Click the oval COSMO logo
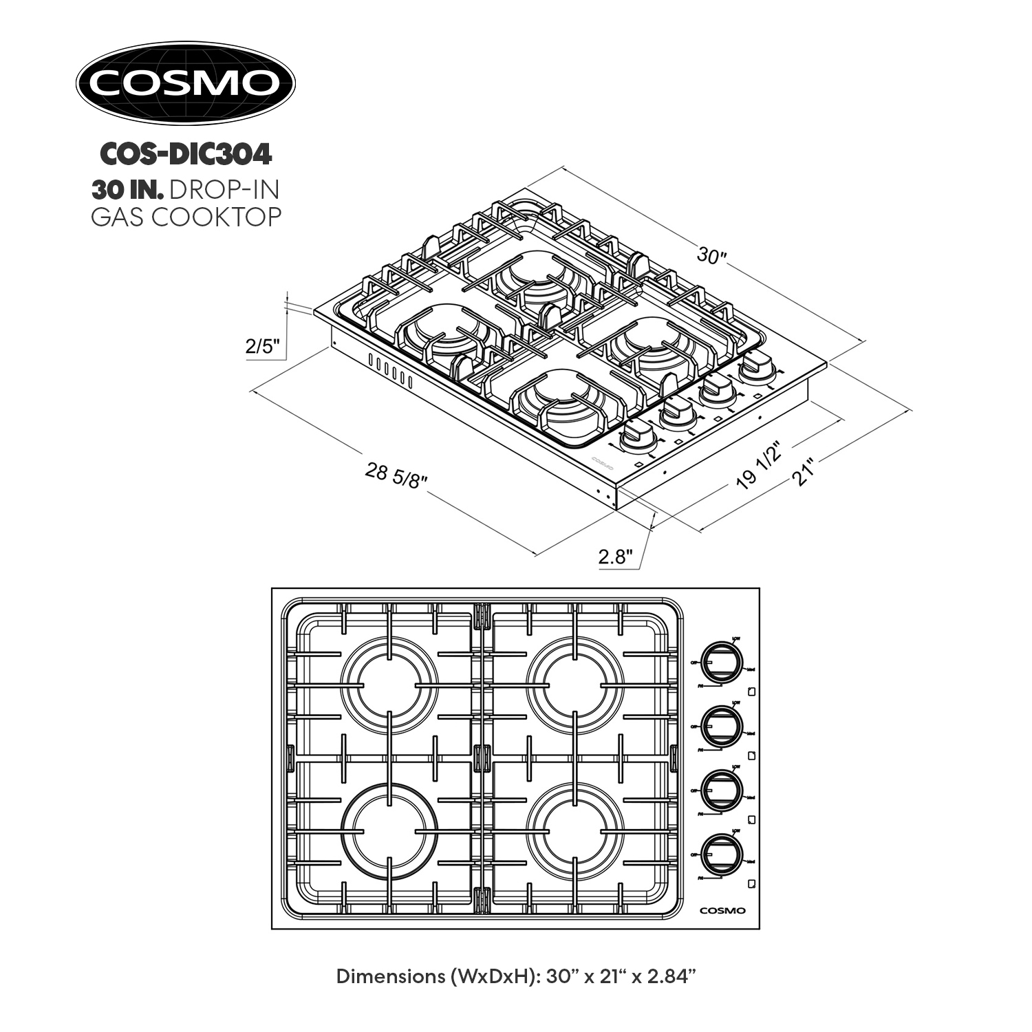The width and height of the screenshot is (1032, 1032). pos(185,83)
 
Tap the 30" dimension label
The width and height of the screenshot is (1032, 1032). pos(711,255)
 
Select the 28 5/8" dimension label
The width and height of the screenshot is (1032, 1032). pos(396,474)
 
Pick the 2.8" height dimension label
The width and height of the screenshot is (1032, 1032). pos(615,557)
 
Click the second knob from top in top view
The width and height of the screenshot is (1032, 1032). pos(722,726)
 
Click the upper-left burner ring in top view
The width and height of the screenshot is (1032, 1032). pos(389,685)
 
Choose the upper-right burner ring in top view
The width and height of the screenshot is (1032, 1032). pos(574,685)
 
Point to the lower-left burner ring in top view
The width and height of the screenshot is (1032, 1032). pos(389,830)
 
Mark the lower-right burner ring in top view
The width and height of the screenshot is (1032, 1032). pos(574,830)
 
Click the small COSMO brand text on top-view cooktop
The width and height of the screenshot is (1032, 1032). pos(722,911)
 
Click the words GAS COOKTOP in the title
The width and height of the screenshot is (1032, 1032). pos(186,217)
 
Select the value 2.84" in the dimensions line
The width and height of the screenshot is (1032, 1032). pos(667,977)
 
